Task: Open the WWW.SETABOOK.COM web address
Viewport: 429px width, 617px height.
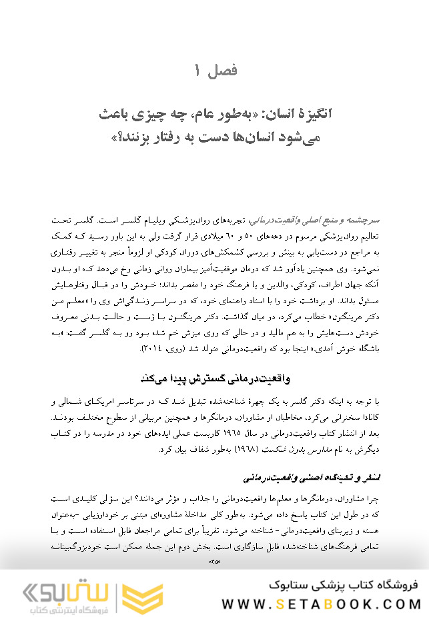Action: pos(322,604)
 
